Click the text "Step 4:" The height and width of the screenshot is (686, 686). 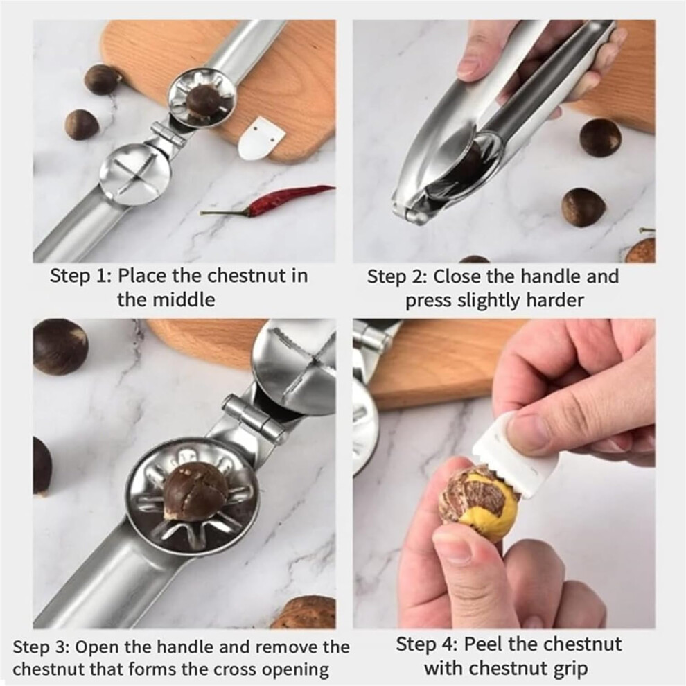427,644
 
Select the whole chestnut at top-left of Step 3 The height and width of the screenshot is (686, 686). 60,347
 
